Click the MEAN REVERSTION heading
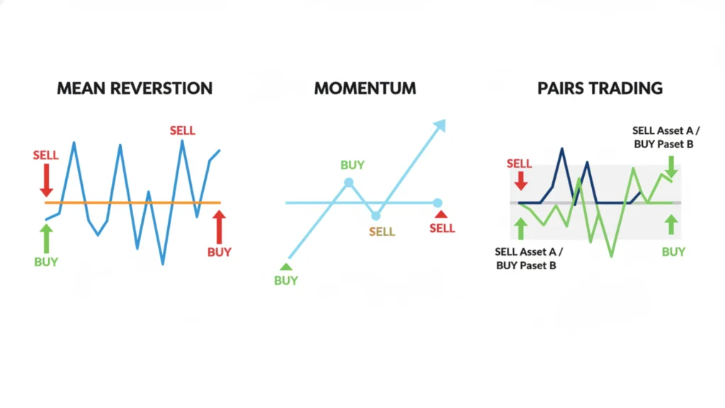pyautogui.click(x=135, y=89)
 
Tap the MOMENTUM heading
pyautogui.click(x=365, y=89)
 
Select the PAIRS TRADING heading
pyautogui.click(x=600, y=89)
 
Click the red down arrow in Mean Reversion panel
pyautogui.click(x=47, y=180)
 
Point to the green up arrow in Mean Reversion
pyautogui.click(x=47, y=238)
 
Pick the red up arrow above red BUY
pyautogui.click(x=219, y=227)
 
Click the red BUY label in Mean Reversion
pyautogui.click(x=219, y=251)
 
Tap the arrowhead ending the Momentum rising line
pyautogui.click(x=440, y=125)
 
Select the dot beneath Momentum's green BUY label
pyautogui.click(x=348, y=183)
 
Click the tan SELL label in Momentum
pyautogui.click(x=382, y=232)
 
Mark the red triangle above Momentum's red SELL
pyautogui.click(x=442, y=215)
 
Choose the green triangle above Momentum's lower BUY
pyautogui.click(x=286, y=267)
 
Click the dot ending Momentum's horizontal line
pyautogui.click(x=438, y=203)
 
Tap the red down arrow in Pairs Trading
pyautogui.click(x=521, y=181)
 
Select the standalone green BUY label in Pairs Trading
pyautogui.click(x=673, y=251)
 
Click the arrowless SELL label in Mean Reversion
pyautogui.click(x=182, y=130)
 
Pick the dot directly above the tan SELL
pyautogui.click(x=376, y=215)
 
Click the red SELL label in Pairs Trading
pyautogui.click(x=519, y=164)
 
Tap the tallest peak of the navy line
pyautogui.click(x=561, y=149)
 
